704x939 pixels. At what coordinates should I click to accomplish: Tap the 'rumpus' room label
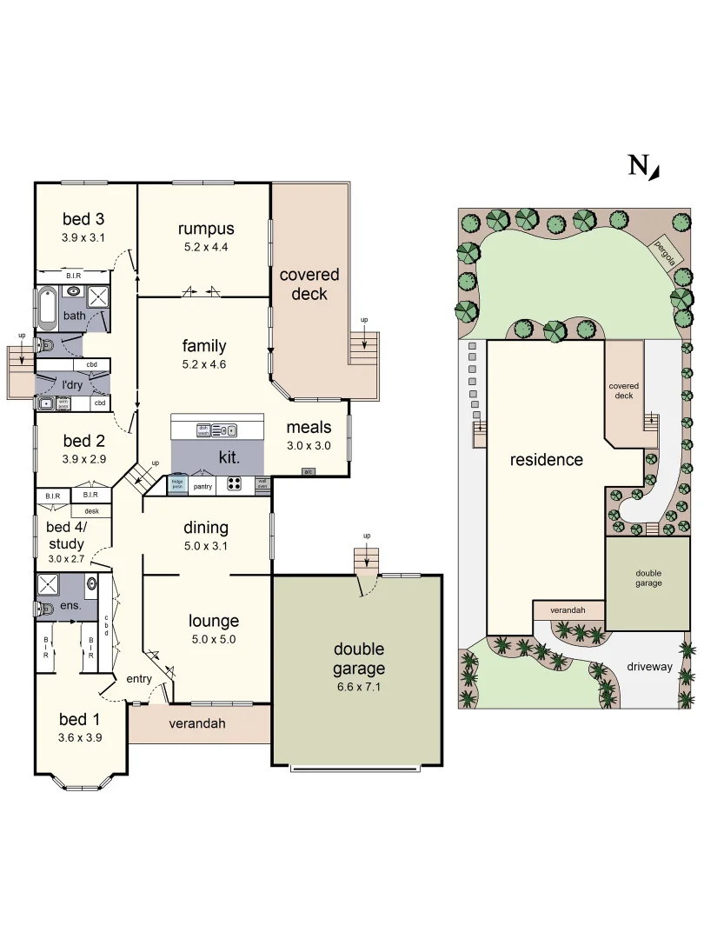coord(206,229)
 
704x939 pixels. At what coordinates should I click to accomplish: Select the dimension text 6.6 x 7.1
coord(358,686)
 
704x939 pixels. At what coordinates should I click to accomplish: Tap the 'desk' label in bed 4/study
coord(91,511)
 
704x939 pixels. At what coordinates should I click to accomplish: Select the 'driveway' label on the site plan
coord(648,667)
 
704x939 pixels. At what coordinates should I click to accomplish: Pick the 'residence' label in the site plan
coord(546,460)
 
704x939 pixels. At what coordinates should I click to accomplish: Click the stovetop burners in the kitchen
coord(235,484)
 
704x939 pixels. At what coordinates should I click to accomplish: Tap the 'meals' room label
coord(309,427)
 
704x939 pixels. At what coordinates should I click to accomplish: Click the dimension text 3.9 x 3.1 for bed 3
coord(83,236)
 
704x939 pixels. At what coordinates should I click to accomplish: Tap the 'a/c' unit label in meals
coord(308,471)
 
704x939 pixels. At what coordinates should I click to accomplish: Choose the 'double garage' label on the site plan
coord(648,577)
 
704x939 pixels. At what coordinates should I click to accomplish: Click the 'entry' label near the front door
coord(139,678)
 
